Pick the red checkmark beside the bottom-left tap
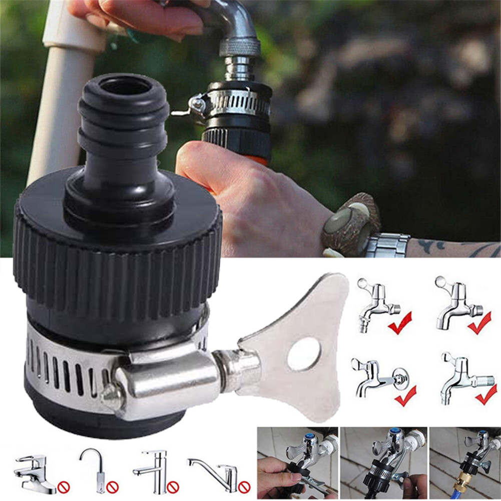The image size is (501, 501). pos(405,396)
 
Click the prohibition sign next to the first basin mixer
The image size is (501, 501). pos(63,486)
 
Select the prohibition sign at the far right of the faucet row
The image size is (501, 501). pos(244,486)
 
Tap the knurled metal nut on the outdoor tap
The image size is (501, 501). pos(240,48)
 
